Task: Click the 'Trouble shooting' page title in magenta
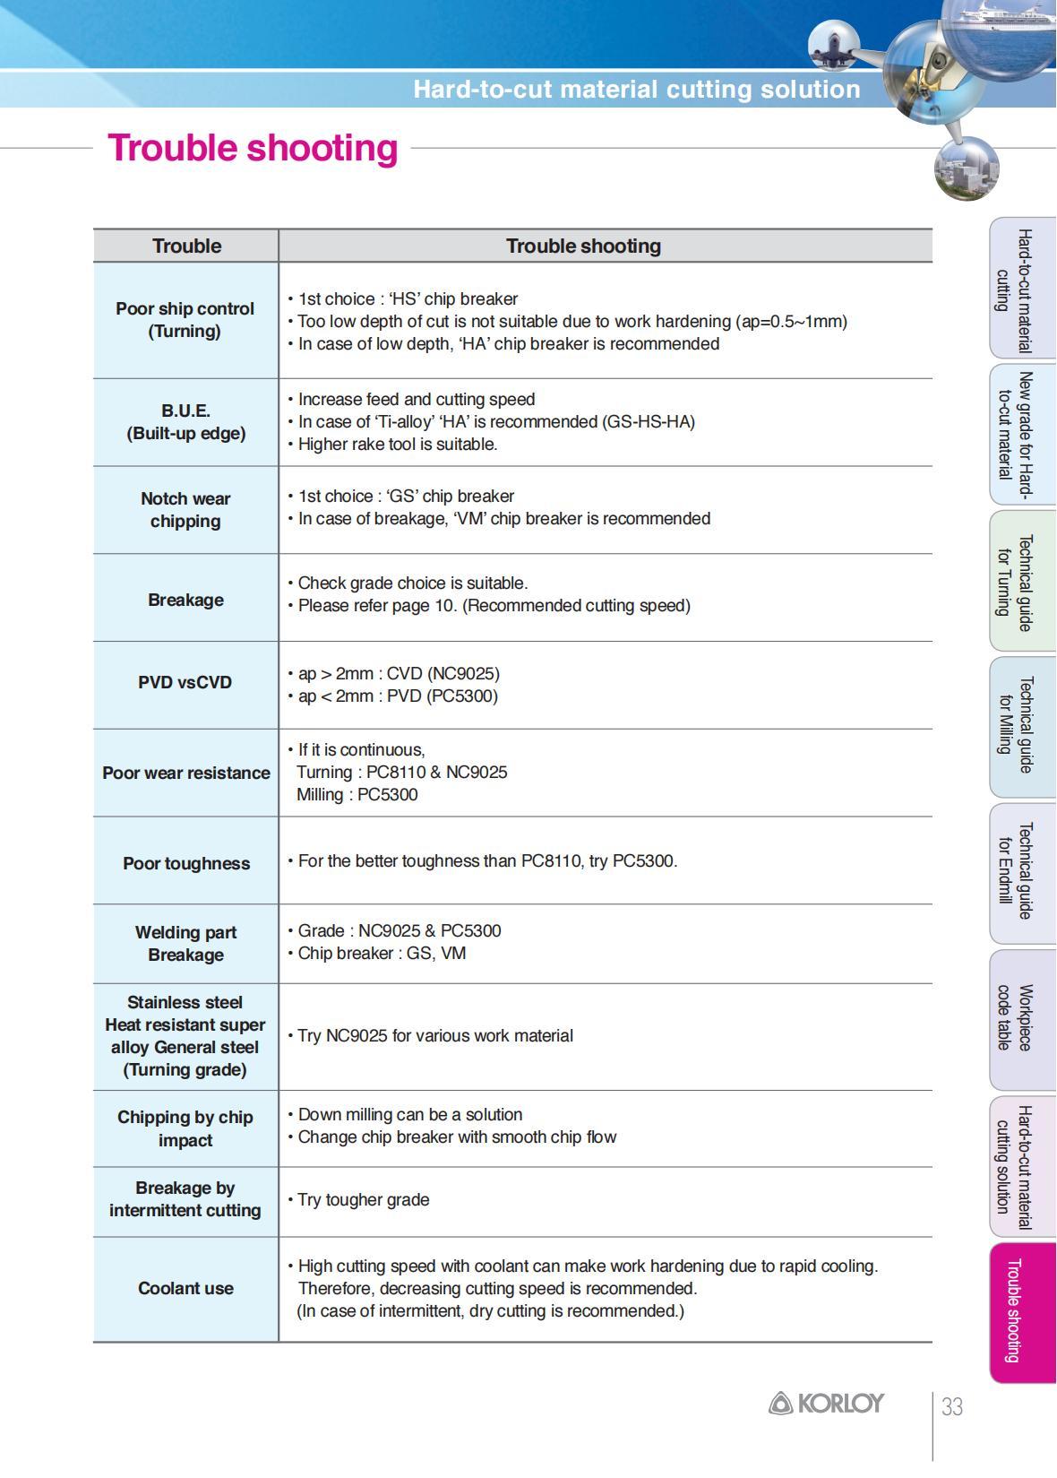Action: click(253, 148)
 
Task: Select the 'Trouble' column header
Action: click(186, 246)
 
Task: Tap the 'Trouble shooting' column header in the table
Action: click(583, 246)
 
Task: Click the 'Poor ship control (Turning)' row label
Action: click(185, 320)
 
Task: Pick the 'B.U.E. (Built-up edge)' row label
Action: click(185, 422)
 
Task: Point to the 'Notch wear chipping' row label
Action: click(185, 510)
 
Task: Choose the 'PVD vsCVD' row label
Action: click(185, 683)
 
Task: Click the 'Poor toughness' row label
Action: click(186, 863)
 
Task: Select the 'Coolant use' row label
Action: click(185, 1288)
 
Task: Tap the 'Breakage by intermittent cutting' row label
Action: click(185, 1199)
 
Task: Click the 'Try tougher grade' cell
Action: click(363, 1200)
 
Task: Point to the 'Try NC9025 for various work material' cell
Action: click(434, 1036)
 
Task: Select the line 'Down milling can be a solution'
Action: click(409, 1115)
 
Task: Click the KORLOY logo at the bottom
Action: click(826, 1404)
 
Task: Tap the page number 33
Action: click(952, 1407)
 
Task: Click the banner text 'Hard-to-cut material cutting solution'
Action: click(636, 90)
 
